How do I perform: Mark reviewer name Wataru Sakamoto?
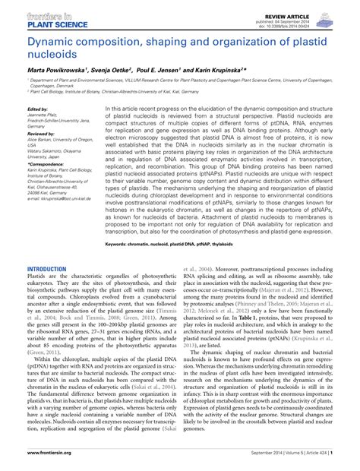click(47, 150)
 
